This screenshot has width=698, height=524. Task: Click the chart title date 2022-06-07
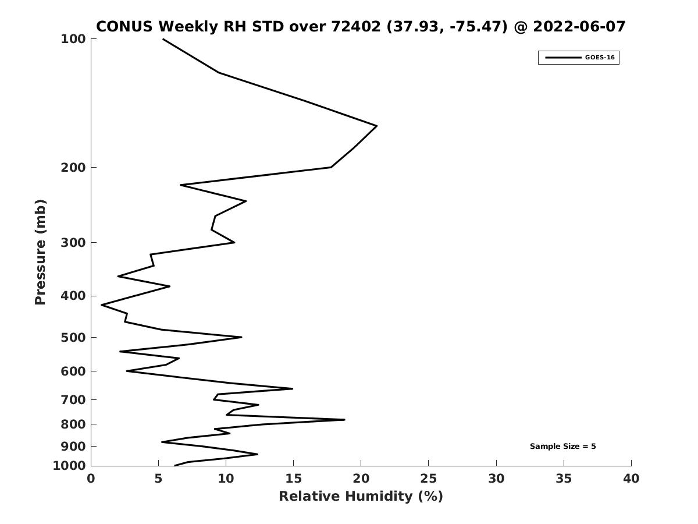coord(579,27)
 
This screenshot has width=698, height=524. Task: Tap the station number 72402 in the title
coord(356,27)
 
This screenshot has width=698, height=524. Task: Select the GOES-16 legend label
coord(600,58)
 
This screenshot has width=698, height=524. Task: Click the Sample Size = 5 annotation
coord(562,447)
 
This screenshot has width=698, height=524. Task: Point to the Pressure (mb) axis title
coord(40,252)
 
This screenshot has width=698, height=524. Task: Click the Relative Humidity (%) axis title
coord(361,496)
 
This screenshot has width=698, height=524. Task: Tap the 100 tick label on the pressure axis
coord(73,39)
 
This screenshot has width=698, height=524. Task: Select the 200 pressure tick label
coord(73,167)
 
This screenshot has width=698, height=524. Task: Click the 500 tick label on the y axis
coord(73,337)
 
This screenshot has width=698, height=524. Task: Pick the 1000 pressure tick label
coord(69,466)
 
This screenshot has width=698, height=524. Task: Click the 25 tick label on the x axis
coord(428,479)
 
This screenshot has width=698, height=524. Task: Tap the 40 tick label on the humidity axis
coord(631,479)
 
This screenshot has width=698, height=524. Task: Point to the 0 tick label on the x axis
coord(91,479)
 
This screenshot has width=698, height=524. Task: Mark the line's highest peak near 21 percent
coord(377,126)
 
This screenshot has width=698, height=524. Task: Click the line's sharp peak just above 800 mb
coord(344,420)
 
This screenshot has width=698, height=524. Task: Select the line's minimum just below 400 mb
coord(102,305)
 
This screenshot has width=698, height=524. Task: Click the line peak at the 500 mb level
coord(241,337)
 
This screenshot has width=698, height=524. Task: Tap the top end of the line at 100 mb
coord(163,39)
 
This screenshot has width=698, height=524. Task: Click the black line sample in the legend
coord(563,58)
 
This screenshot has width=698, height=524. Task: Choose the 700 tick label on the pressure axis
coord(73,399)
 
